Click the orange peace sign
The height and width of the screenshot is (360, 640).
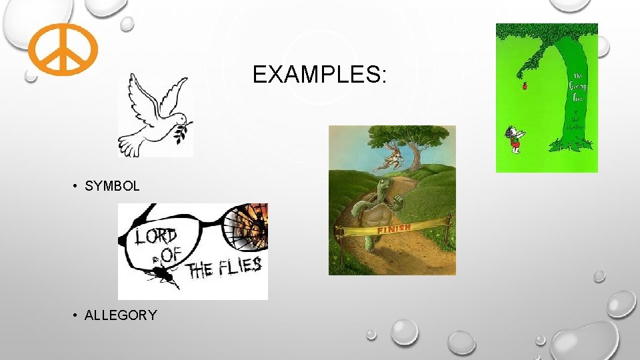coord(63,49)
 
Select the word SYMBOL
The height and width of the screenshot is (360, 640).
coord(112,187)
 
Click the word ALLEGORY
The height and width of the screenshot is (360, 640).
coord(121,315)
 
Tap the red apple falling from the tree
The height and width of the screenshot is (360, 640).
coord(523,85)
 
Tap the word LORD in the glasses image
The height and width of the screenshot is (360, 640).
coord(157,237)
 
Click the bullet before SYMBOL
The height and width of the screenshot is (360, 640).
coord(77,187)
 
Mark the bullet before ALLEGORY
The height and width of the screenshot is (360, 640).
coord(77,315)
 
